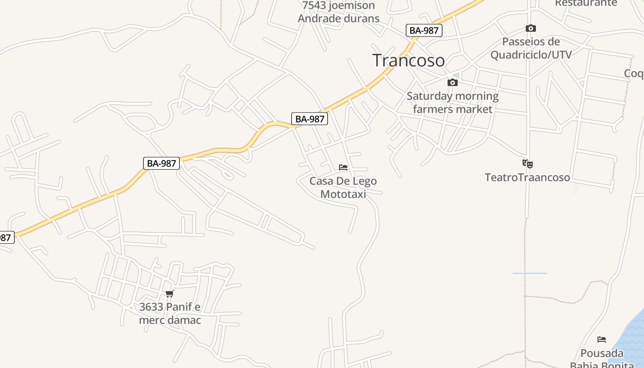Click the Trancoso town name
coord(408,60)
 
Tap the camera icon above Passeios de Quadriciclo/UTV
coord(530,29)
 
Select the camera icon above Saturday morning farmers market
coord(453,83)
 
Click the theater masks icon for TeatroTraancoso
coord(528,163)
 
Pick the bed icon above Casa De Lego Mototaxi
coord(343,167)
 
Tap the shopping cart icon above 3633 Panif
coord(170,293)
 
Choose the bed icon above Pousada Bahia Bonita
coord(602,339)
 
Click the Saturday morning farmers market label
coord(452,103)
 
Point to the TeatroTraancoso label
coord(527,177)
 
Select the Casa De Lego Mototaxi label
coord(343,187)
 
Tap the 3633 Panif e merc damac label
coord(170,313)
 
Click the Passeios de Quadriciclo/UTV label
coord(531,48)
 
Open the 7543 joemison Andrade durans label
coord(339,12)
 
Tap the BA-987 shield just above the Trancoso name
coord(424,30)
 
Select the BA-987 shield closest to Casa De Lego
coord(310,119)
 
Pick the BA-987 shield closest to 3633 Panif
coord(161,163)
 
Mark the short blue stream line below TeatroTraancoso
coord(530,273)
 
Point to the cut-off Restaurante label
coord(586,3)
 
